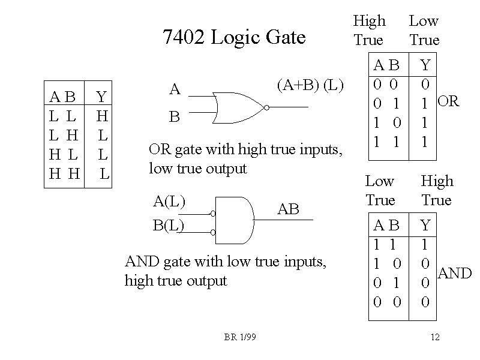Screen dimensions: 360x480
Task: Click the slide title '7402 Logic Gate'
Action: pos(234,38)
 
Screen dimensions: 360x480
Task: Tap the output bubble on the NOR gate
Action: pos(266,108)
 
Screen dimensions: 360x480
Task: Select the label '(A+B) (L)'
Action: pos(310,86)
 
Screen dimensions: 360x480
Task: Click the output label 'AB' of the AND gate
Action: pos(288,209)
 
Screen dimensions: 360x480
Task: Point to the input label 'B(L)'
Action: pos(169,225)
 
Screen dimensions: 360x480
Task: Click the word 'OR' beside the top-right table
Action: pos(448,101)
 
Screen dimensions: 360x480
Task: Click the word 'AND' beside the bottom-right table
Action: pos(455,274)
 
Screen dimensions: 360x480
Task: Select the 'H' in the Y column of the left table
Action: pos(101,115)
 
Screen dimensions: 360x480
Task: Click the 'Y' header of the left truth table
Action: pos(101,97)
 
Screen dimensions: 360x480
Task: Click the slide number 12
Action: pos(435,338)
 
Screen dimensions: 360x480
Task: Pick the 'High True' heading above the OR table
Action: pos(369,31)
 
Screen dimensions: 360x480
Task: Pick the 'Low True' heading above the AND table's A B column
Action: pos(380,190)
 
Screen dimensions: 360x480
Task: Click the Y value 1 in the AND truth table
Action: pos(425,245)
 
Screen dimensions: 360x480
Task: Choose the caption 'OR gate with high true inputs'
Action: pos(245,149)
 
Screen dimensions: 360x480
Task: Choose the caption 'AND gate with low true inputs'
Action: pos(226,262)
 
